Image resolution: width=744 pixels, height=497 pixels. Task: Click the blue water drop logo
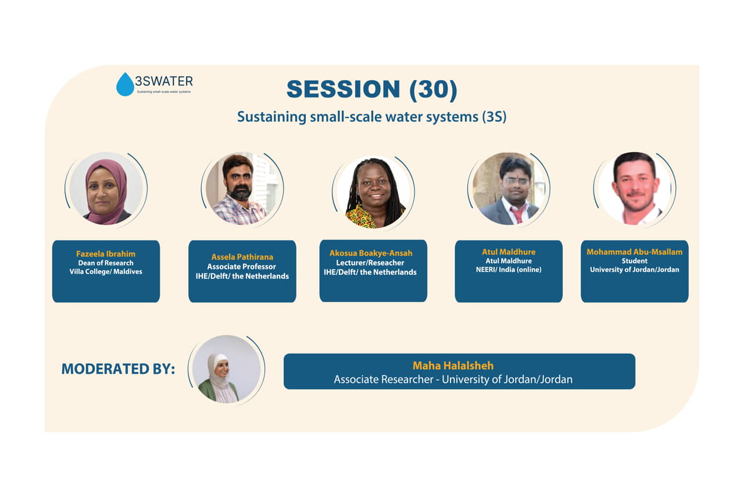click(x=125, y=84)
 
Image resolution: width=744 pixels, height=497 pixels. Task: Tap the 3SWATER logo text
click(x=164, y=81)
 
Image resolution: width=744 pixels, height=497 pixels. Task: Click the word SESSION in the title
click(x=343, y=89)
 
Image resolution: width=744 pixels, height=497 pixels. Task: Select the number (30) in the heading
click(x=434, y=89)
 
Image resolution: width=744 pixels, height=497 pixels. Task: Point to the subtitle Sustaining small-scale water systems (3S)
click(x=371, y=117)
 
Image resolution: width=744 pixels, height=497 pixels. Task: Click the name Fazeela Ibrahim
click(x=106, y=254)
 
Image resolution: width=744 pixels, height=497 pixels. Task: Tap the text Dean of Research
click(x=106, y=263)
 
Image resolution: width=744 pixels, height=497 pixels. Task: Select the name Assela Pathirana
click(x=242, y=257)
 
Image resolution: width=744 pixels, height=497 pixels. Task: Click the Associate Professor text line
click(x=241, y=266)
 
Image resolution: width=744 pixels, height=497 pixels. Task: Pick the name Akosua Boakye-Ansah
click(x=371, y=253)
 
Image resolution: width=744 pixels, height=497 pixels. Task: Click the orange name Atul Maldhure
click(x=509, y=252)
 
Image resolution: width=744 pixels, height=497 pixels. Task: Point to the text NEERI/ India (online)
click(x=509, y=269)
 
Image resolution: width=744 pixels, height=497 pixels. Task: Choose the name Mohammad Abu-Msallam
click(x=634, y=252)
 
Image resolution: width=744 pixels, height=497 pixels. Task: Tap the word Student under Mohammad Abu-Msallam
click(x=634, y=261)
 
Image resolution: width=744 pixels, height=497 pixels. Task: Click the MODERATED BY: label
click(x=118, y=369)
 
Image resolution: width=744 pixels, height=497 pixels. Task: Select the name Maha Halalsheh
click(x=453, y=366)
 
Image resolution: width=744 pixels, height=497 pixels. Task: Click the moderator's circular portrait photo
click(x=227, y=369)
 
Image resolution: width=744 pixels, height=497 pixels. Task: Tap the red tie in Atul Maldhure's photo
click(x=517, y=214)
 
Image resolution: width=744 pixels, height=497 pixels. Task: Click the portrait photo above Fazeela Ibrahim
click(x=106, y=189)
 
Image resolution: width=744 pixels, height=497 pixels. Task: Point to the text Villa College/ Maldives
click(x=106, y=271)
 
